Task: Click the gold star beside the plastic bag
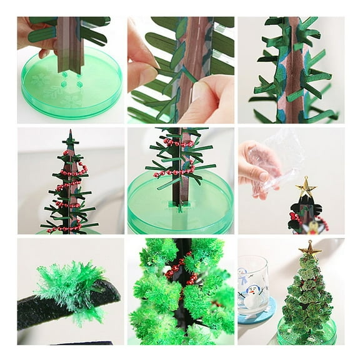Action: (x=306, y=186)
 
